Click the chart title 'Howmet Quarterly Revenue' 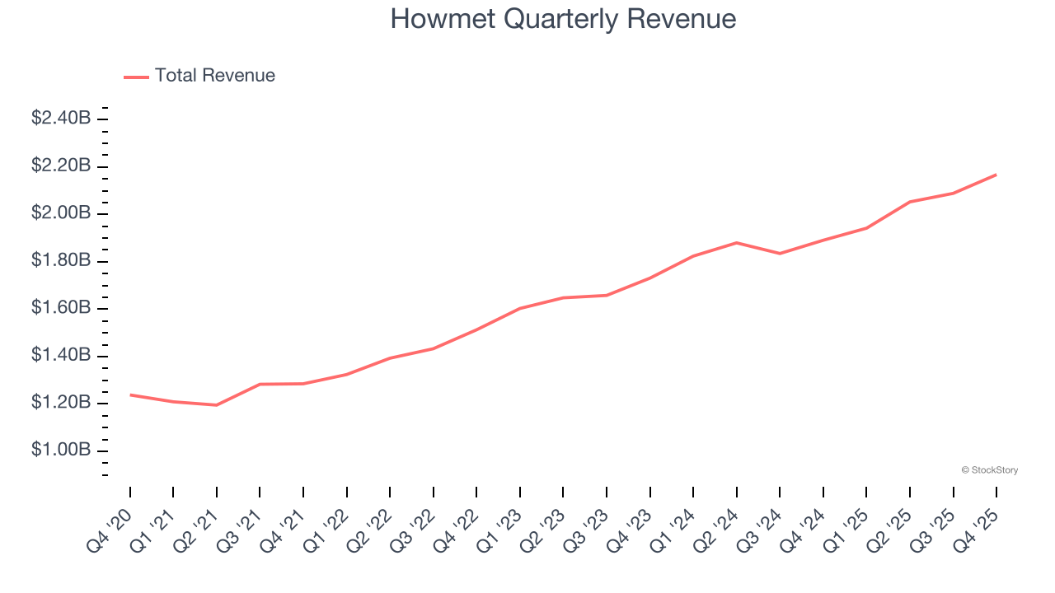[x=563, y=19]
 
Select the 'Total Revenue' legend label [x=214, y=76]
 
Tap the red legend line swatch [x=136, y=77]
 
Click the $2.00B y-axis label [x=61, y=213]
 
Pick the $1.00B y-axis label [x=61, y=451]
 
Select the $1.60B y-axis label [x=61, y=308]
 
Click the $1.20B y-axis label [x=61, y=403]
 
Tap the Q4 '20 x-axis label [x=109, y=530]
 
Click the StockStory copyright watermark [x=989, y=470]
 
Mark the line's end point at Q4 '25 [x=996, y=175]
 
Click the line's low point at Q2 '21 [x=217, y=405]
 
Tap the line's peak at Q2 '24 [x=736, y=243]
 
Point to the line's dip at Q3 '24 [x=780, y=254]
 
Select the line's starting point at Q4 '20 [x=130, y=395]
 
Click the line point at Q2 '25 [x=910, y=202]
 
